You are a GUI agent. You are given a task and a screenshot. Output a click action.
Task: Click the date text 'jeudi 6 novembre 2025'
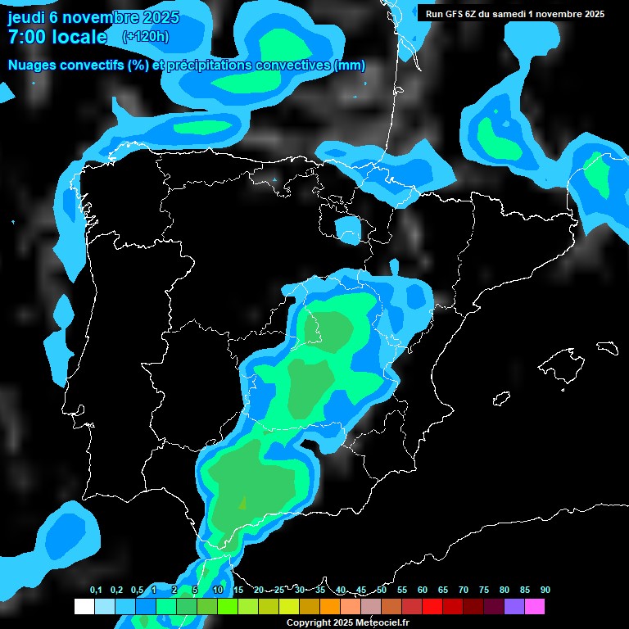pos(93,17)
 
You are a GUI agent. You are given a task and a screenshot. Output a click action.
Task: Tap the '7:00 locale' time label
pos(57,37)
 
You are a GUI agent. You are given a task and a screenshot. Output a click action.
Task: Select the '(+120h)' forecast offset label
pos(146,36)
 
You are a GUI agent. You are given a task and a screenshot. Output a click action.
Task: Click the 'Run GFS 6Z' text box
pos(515,14)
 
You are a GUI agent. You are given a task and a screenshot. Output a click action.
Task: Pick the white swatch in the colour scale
pos(84,606)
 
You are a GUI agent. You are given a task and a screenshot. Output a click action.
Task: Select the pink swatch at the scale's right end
pos(535,606)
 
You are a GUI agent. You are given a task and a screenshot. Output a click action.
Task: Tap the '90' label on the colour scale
pos(545,591)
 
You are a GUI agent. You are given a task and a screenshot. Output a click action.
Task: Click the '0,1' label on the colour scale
pos(96,591)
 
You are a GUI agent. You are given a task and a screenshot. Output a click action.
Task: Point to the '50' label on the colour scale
pos(382,591)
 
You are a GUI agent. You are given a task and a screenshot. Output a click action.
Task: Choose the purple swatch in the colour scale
pos(514,606)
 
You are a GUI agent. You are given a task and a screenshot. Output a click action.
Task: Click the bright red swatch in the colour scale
pos(432,606)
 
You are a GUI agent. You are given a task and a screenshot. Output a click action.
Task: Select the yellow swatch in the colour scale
pos(289,606)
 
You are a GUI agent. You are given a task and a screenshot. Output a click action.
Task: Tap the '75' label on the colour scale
pos(484,591)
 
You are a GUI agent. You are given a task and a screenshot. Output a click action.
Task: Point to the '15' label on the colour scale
pos(238,591)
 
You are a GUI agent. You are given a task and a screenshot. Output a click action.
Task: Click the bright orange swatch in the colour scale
pos(330,606)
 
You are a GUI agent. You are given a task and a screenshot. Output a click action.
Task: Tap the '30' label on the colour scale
pos(300,591)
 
